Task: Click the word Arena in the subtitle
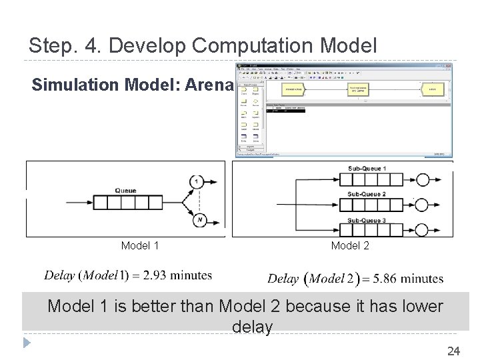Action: (211, 85)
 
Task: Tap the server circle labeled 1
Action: (197, 181)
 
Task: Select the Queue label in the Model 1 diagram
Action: (125, 191)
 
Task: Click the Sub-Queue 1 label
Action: (367, 169)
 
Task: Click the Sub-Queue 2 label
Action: (367, 194)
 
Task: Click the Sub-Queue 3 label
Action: (367, 220)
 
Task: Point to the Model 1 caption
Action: (140, 246)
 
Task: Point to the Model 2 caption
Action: (350, 246)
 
